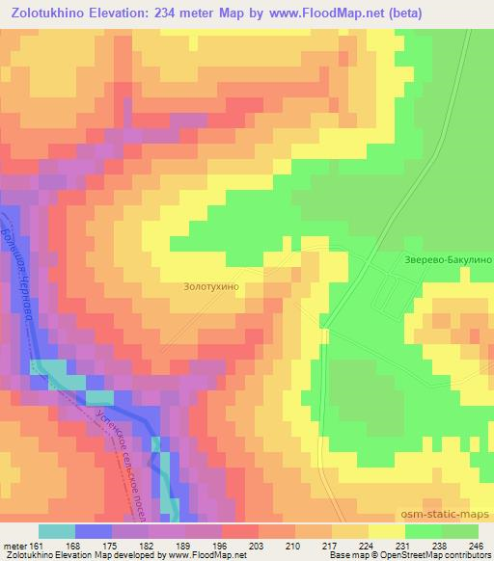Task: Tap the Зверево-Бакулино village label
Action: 449,260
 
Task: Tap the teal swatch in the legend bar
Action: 57,531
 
